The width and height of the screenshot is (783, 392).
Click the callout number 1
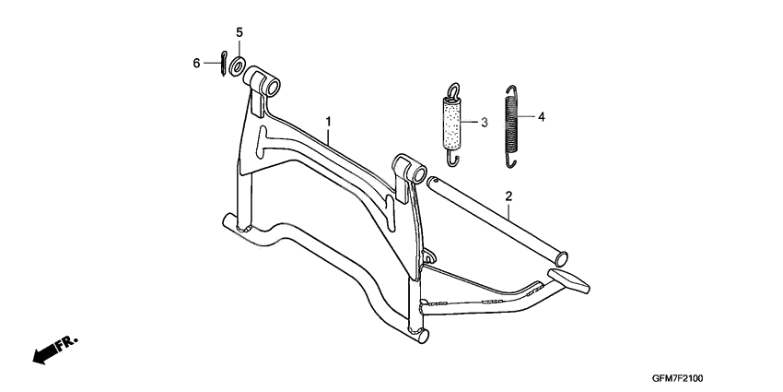coord(328,122)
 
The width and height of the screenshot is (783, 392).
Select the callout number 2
coord(508,196)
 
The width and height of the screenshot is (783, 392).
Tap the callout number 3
coord(484,122)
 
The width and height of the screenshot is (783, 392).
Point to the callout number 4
coord(542,117)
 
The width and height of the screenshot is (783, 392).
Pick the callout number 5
coord(240,32)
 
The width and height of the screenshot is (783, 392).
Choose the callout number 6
coord(196,64)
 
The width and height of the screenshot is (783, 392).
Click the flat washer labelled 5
coord(236,65)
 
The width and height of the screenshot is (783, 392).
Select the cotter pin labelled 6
coord(223,64)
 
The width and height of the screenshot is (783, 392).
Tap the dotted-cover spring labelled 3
coord(452,124)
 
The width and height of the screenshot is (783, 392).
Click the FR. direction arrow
coord(55,349)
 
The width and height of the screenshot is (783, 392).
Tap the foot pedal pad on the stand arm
coord(568,280)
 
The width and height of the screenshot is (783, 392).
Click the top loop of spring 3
coord(454,90)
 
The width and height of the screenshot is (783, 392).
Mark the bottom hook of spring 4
coord(509,161)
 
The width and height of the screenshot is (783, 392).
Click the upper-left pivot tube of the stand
coord(262,80)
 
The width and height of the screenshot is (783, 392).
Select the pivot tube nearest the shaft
coord(410,169)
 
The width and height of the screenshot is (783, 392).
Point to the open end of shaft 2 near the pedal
coord(561,258)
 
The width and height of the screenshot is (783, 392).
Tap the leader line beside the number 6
coord(212,64)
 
